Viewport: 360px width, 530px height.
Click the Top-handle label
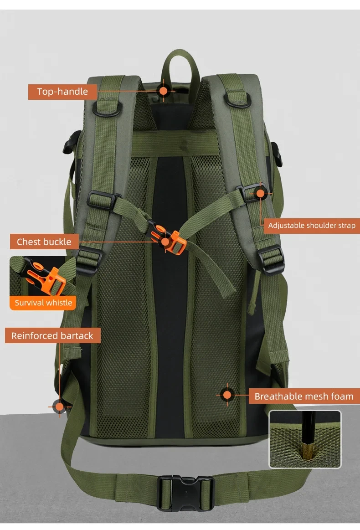pos(62,92)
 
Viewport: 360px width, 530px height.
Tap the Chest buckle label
pos(44,242)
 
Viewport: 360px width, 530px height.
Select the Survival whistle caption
pos(43,303)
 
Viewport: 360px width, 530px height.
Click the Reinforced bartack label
pos(52,336)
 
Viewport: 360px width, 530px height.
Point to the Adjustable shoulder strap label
pos(312,226)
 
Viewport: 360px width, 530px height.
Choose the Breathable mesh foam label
pos(304,396)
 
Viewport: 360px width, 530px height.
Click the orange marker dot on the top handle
pos(163,91)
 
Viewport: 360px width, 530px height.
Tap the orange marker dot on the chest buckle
pos(165,242)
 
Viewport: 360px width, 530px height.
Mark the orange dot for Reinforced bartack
pos(60,407)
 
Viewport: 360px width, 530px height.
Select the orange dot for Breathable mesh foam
pos(227,395)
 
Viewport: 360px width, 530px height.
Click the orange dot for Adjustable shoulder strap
pos(260,193)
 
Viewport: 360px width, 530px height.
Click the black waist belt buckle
pos(185,493)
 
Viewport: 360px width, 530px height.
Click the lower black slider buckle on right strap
pos(270,259)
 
